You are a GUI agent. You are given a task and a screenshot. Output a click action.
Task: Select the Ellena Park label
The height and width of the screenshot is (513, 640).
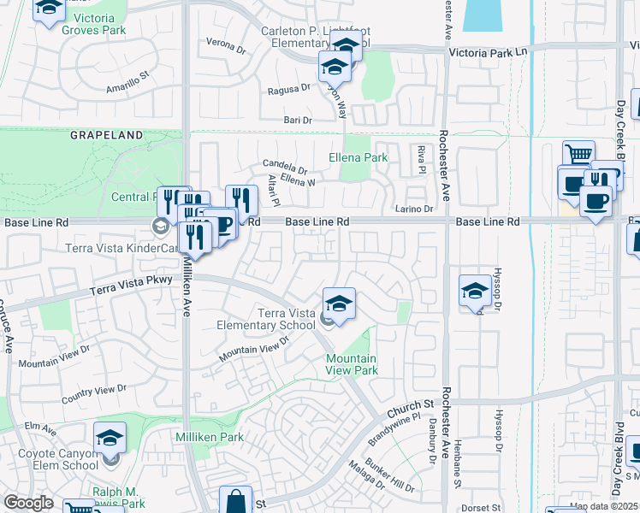tap(359, 157)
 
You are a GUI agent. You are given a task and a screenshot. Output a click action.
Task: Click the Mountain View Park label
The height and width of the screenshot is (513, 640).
tap(352, 364)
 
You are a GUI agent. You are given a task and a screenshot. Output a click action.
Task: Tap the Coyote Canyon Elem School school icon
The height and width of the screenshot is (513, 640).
tap(110, 438)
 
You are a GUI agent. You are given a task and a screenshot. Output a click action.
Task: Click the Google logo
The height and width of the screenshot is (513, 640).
tap(28, 503)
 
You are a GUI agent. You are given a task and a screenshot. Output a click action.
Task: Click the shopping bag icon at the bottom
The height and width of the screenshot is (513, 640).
tap(234, 501)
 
